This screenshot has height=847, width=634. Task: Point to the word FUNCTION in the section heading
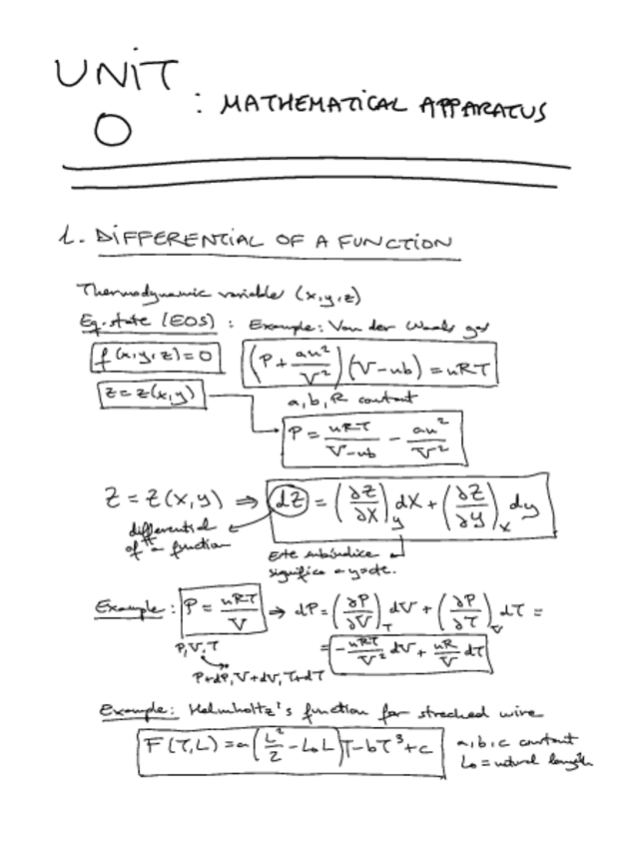(x=394, y=242)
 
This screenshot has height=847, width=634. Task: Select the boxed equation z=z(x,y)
(x=149, y=396)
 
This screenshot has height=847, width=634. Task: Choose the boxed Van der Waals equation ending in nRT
(x=369, y=368)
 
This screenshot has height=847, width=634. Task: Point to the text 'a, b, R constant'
(x=337, y=399)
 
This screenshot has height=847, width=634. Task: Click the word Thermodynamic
(x=122, y=291)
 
